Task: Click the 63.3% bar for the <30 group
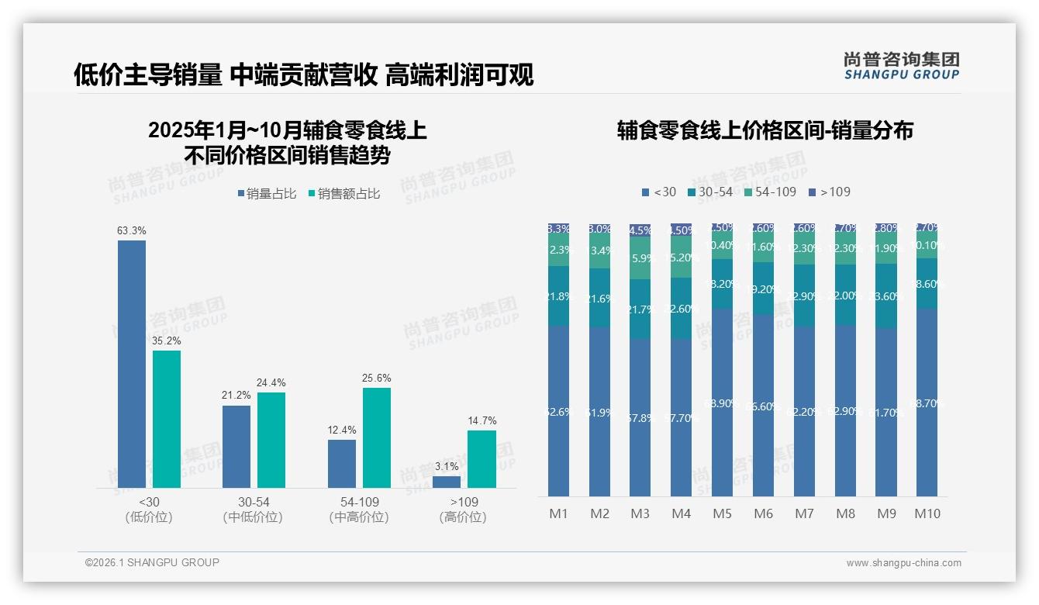132,364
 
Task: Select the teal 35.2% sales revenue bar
167,419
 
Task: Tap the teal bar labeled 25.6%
377,437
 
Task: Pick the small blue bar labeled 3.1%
447,482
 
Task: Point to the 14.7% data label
482,420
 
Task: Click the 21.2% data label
236,395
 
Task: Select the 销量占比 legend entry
267,194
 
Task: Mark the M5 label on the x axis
722,513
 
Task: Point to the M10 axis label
927,513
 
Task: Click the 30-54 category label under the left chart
253,502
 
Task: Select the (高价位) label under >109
463,517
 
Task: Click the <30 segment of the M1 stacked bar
558,411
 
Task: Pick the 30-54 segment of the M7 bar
804,296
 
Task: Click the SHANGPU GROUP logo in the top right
902,66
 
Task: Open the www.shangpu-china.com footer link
903,563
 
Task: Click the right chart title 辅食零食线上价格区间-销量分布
765,130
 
